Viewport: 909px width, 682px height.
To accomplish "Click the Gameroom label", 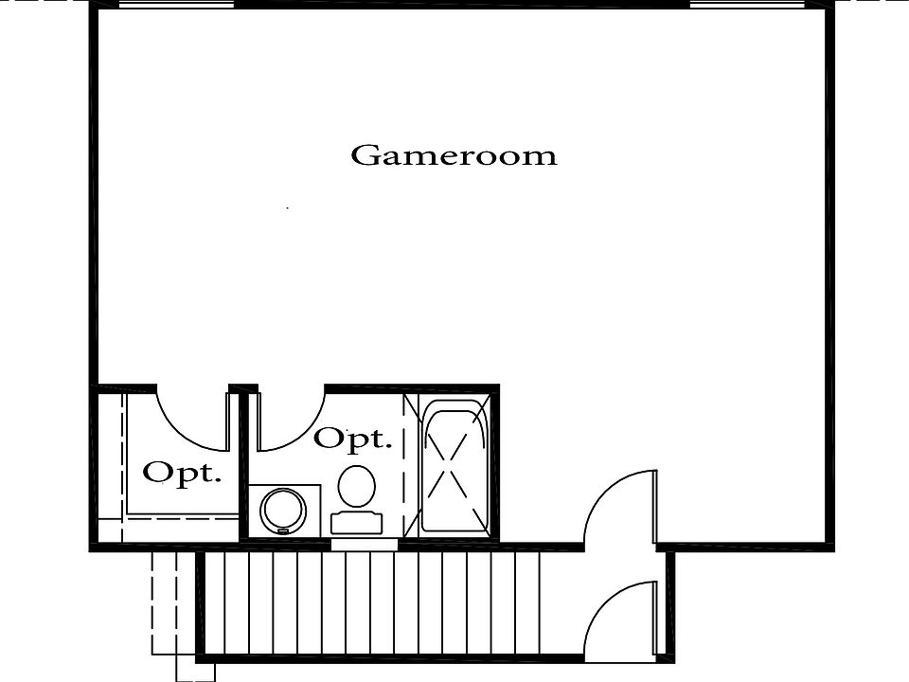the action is coord(454,155).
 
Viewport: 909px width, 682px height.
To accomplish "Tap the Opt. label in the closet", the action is coord(182,474).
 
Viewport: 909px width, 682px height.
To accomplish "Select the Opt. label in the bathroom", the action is coord(353,438).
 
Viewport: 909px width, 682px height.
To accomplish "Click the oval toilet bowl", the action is coord(357,487).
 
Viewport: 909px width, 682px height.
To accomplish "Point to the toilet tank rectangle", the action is coord(357,523).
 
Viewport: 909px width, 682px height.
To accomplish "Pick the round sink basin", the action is coord(283,511).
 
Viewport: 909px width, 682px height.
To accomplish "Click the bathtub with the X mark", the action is coord(454,471).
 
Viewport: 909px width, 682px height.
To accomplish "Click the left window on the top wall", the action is coord(176,5).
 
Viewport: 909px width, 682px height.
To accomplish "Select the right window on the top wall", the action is coord(748,5).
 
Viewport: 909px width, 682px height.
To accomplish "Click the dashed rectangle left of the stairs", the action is coord(164,602).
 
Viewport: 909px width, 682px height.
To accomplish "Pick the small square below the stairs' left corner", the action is coord(195,668).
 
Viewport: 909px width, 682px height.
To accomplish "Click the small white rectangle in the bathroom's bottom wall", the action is coord(364,545).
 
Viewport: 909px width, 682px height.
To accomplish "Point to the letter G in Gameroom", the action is coord(365,154).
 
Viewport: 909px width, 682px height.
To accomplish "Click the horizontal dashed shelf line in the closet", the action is coord(182,519).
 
